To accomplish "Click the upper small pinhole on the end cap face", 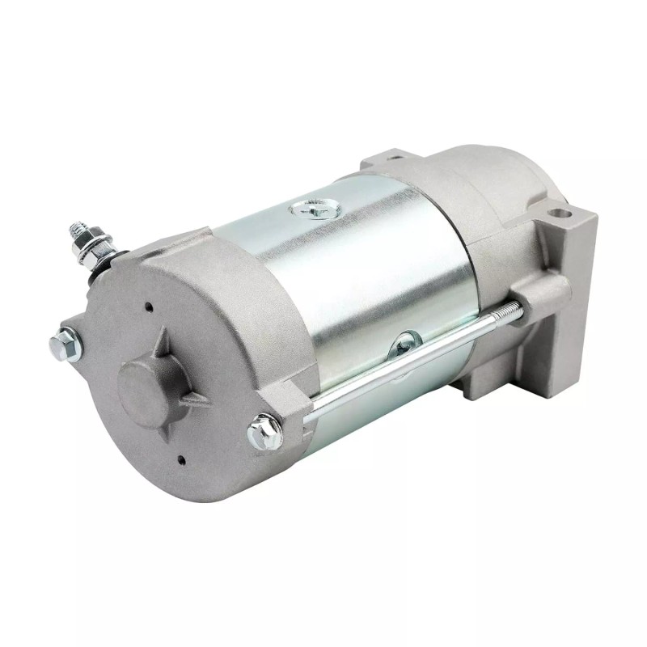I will pyautogui.click(x=148, y=307).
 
